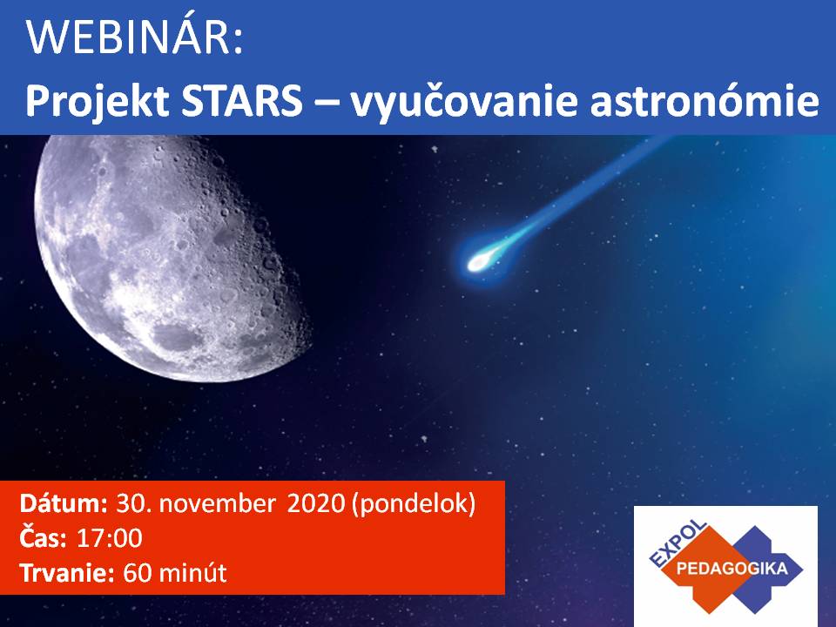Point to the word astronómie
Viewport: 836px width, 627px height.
tap(705, 100)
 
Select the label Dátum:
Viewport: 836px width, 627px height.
tap(64, 503)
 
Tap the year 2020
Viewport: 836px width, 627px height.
tap(316, 503)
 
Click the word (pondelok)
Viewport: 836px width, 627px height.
tap(414, 504)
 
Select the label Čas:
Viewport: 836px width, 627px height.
tap(44, 537)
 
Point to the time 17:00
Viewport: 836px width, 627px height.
tap(110, 538)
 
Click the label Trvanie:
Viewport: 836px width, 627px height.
tap(67, 573)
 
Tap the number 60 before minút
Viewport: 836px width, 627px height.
tap(138, 573)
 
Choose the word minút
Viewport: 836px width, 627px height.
tap(193, 573)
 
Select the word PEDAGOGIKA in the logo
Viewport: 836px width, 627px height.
tap(731, 568)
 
